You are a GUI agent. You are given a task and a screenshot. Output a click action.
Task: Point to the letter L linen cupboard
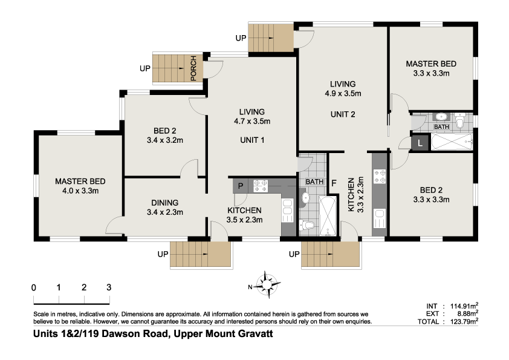[x=420, y=143]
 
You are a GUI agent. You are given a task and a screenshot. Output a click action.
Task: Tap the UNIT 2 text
[x=342, y=114]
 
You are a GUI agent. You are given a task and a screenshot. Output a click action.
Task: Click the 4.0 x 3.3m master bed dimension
[x=80, y=191]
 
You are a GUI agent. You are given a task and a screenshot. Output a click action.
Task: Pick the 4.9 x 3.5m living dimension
[x=342, y=93]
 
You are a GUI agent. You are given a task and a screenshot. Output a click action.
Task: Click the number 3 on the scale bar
[x=109, y=287]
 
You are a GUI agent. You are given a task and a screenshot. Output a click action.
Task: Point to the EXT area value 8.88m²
[x=464, y=313]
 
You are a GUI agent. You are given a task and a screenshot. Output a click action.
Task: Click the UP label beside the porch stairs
[x=144, y=68]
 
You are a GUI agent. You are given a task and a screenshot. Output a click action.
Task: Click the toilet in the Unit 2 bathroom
[x=460, y=123]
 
